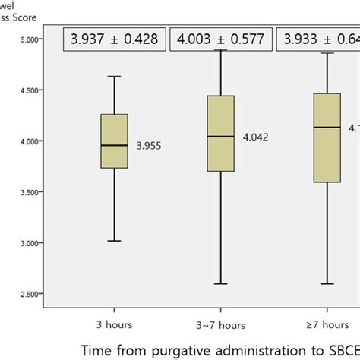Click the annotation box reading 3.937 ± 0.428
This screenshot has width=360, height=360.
pyautogui.click(x=115, y=39)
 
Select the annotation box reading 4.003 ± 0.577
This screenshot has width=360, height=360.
pyautogui.click(x=222, y=39)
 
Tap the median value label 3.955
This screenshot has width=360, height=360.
pyautogui.click(x=150, y=144)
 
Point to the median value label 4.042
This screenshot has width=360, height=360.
pyautogui.click(x=255, y=137)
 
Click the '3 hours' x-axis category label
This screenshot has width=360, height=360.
pyautogui.click(x=114, y=312)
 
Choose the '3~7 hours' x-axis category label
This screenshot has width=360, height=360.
pyautogui.click(x=221, y=312)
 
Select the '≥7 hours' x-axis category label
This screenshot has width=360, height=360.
pyautogui.click(x=327, y=312)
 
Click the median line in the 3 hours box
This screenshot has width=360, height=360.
pyautogui.click(x=114, y=145)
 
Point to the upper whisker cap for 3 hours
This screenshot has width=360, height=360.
pyautogui.click(x=114, y=76)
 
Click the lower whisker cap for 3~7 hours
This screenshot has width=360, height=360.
pyautogui.click(x=220, y=283)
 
